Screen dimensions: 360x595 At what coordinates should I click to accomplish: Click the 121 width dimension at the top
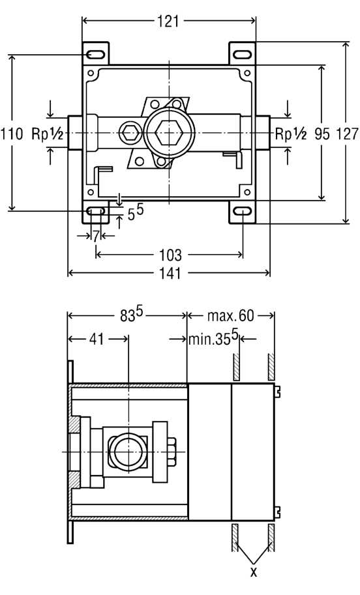(x=168, y=22)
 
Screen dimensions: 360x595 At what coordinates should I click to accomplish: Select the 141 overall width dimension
(x=170, y=273)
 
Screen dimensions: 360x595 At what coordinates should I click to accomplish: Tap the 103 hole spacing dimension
(x=170, y=255)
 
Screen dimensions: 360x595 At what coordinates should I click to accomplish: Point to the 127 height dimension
(x=347, y=134)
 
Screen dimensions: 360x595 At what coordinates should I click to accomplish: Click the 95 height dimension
(x=322, y=134)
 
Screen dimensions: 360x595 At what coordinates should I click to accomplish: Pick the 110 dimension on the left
(x=11, y=134)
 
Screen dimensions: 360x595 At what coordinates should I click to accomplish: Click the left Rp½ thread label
(x=47, y=134)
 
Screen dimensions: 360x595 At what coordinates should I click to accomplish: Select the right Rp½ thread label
(x=290, y=134)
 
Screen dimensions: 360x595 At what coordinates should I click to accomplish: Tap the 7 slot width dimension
(x=96, y=236)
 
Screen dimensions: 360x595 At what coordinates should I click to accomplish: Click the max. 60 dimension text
(x=230, y=315)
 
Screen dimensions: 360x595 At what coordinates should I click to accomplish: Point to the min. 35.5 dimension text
(x=213, y=338)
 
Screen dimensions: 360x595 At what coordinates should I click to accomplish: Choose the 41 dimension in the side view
(x=97, y=338)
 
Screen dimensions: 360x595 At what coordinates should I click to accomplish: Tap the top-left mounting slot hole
(x=95, y=55)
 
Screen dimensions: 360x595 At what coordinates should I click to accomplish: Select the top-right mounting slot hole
(x=242, y=55)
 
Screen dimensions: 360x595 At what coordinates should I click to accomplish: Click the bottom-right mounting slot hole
(x=242, y=211)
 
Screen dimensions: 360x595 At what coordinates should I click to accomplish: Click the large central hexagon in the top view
(x=169, y=133)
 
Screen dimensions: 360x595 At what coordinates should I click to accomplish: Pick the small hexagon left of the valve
(x=130, y=133)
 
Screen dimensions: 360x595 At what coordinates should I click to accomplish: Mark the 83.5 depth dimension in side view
(x=131, y=314)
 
